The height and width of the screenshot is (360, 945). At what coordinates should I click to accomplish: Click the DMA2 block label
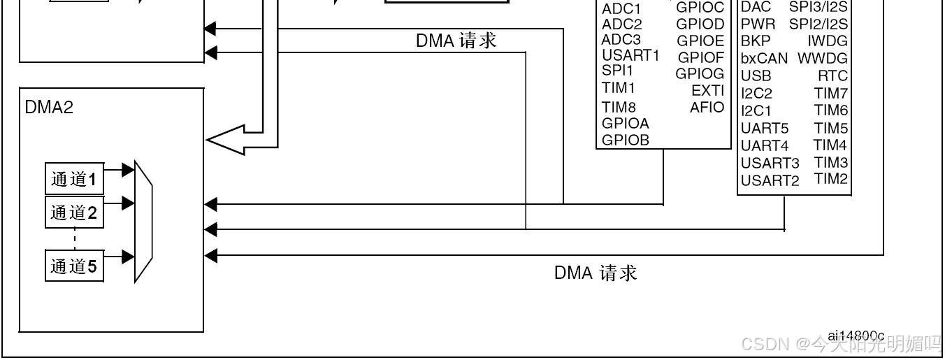[49, 107]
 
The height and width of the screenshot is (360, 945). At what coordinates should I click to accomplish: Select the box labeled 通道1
[74, 180]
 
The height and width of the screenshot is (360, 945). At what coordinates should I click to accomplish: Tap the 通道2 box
[74, 213]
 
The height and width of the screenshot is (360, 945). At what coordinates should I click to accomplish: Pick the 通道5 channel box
[74, 266]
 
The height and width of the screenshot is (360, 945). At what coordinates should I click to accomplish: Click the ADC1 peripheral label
[621, 9]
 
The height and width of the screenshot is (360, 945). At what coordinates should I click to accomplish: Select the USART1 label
[630, 56]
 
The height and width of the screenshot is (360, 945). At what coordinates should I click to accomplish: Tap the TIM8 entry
[619, 107]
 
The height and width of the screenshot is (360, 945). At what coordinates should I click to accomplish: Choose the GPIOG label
[700, 73]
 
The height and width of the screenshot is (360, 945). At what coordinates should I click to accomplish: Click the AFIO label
[707, 108]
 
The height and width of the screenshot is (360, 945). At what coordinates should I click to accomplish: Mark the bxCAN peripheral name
[763, 58]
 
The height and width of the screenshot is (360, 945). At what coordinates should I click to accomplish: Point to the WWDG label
[823, 58]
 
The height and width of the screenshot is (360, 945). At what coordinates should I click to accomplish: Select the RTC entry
[832, 75]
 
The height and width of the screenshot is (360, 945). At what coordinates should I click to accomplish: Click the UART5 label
[764, 129]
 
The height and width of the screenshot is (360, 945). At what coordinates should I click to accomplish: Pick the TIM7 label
[830, 93]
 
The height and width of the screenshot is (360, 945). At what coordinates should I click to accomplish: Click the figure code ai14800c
[856, 336]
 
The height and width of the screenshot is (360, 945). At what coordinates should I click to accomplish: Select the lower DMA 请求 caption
[596, 273]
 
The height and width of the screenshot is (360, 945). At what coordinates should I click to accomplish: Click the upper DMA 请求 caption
[456, 41]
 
